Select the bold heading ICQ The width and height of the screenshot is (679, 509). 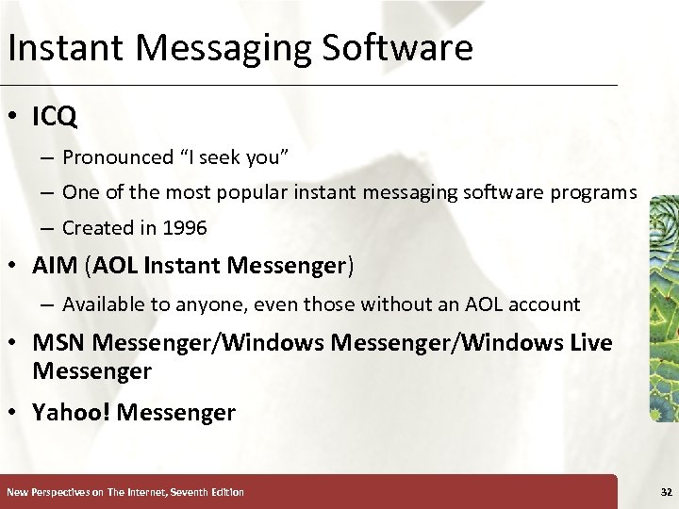pos(55,117)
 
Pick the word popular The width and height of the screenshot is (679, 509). pos(249,192)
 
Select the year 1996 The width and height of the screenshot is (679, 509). pos(184,228)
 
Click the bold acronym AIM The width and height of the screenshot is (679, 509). pos(55,267)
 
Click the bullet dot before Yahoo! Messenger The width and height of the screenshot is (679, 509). pos(17,413)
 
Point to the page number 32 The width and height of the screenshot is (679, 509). pos(666,492)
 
